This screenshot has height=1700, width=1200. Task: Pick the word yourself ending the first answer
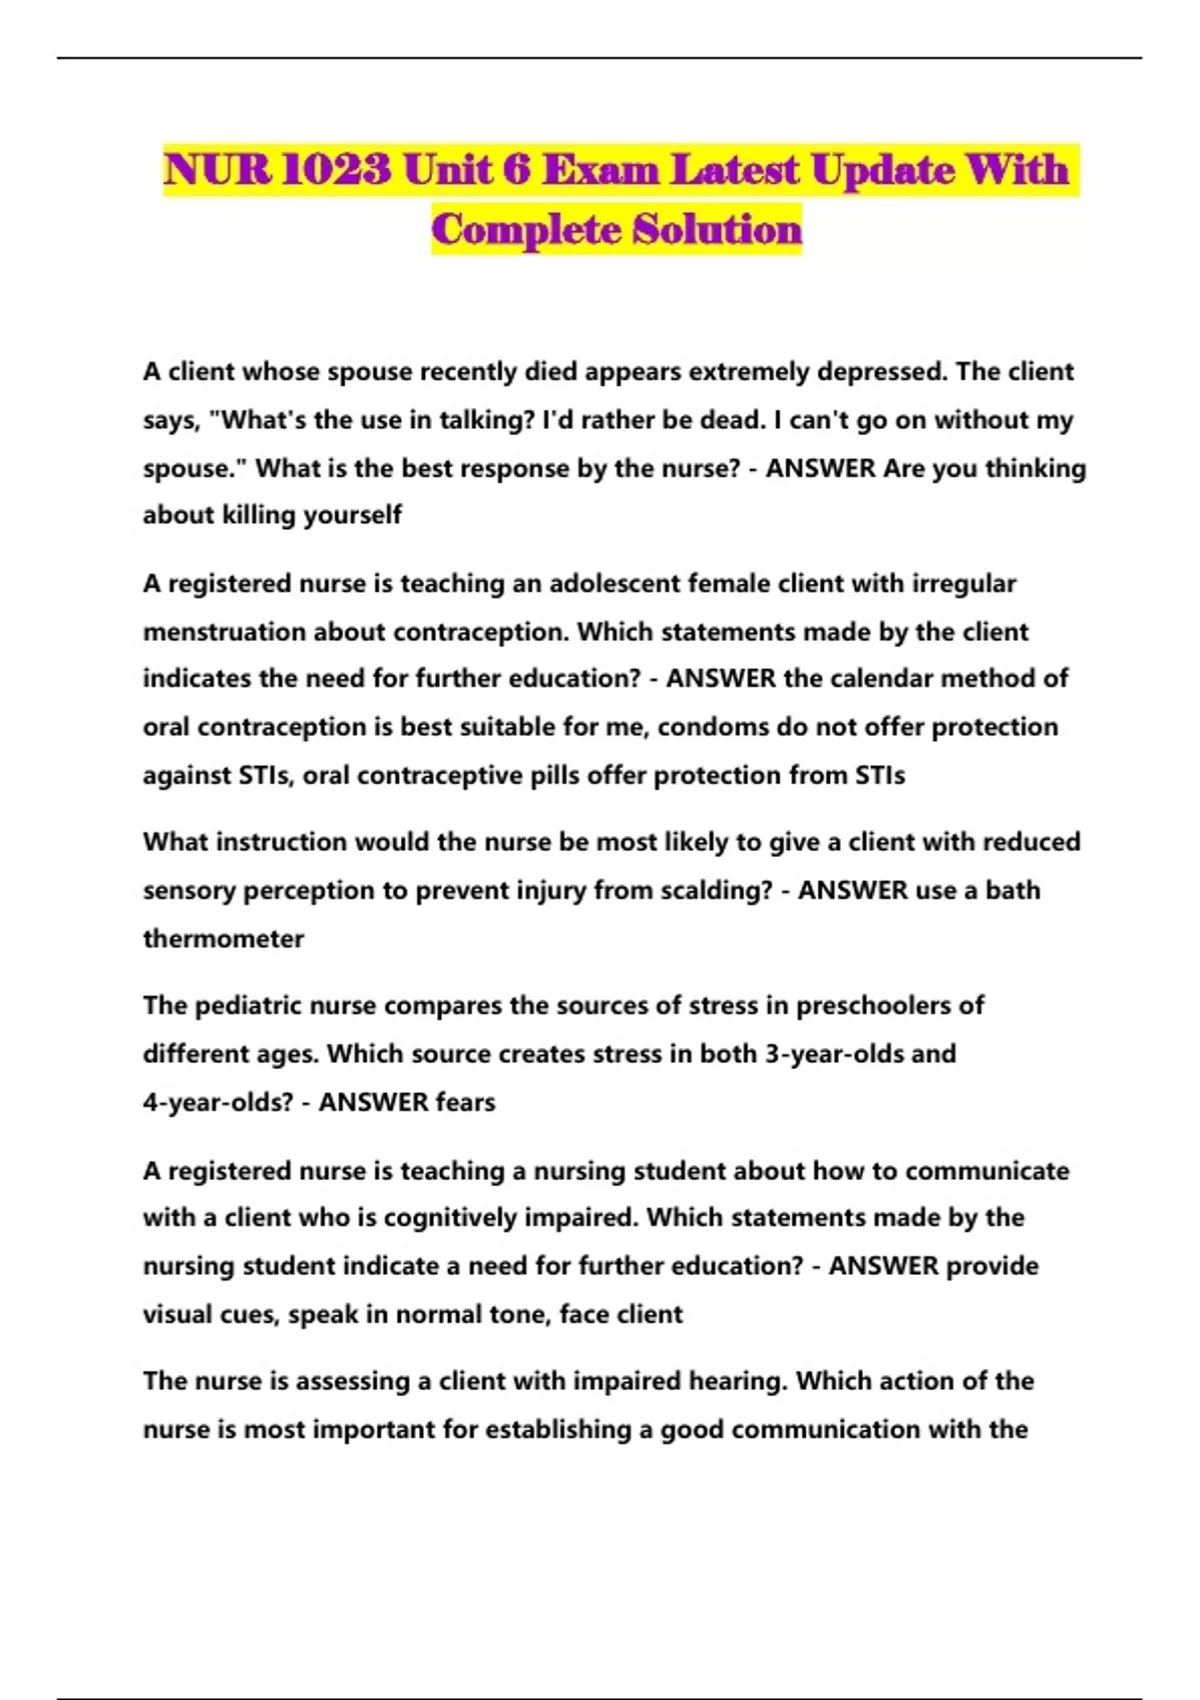(352, 516)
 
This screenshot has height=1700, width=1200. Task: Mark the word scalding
(725, 891)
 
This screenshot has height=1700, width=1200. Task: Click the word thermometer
(223, 939)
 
